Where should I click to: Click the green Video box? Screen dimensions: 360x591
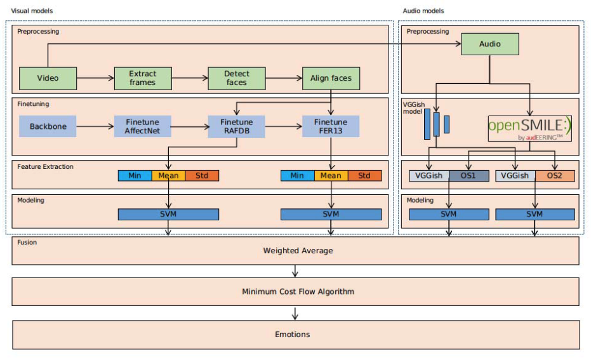(48, 78)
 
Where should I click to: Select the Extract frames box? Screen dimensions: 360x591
(143, 78)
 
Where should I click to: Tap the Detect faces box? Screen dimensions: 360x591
(237, 78)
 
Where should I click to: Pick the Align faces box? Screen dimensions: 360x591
(331, 78)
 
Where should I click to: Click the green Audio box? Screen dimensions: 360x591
(489, 44)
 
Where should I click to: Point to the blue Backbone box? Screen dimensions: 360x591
(48, 126)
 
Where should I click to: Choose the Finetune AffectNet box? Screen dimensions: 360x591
(143, 126)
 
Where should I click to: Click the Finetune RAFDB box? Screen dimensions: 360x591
(237, 126)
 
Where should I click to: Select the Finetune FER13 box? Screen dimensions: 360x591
(331, 126)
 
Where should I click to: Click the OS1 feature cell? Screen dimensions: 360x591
(468, 176)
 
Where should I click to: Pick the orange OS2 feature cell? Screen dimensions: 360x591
(555, 176)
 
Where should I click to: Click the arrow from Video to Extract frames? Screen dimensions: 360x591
(95, 79)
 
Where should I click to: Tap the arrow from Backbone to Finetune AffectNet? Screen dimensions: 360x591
(95, 127)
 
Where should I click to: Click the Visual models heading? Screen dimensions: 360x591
(32, 11)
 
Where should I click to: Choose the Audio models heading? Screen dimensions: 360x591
(423, 11)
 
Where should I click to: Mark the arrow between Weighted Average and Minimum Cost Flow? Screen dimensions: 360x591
(295, 271)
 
